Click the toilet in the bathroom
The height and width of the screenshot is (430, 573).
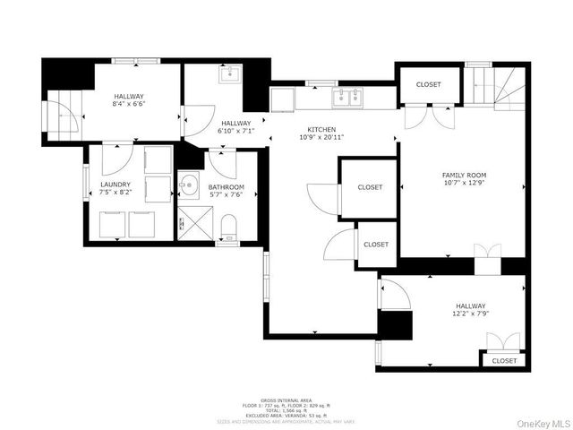[228, 225]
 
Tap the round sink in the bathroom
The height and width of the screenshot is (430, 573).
[188, 186]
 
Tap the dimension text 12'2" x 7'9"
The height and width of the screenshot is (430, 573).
[470, 314]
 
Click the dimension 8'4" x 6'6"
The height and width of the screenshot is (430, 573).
[129, 104]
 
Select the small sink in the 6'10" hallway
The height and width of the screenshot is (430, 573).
[228, 73]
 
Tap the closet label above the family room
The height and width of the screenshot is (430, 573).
[429, 84]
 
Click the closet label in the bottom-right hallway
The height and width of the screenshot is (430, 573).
[504, 361]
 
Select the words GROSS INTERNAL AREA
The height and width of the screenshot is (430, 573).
[286, 400]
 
